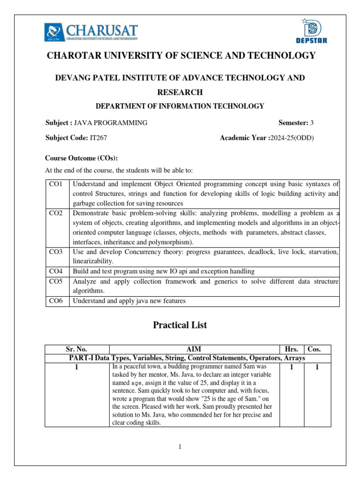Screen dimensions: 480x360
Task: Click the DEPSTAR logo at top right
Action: [310, 31]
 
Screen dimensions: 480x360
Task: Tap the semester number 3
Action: [312, 123]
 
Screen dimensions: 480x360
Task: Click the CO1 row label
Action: [56, 184]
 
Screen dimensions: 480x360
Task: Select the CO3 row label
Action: [56, 252]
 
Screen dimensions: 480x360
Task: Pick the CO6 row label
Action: [56, 301]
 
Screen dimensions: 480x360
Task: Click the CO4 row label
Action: [56, 271]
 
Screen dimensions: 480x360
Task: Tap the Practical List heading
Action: [180, 325]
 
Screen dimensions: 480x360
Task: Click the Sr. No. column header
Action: [76, 349]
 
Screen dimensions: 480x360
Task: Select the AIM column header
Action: [194, 349]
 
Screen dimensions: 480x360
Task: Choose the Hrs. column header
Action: [292, 349]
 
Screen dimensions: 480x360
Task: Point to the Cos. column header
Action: [317, 349]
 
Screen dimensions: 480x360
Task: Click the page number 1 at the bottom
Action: [180, 447]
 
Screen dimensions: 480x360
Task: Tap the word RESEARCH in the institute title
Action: [180, 92]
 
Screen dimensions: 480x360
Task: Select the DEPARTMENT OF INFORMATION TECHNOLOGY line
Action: [180, 106]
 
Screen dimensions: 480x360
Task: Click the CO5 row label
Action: [56, 281]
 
